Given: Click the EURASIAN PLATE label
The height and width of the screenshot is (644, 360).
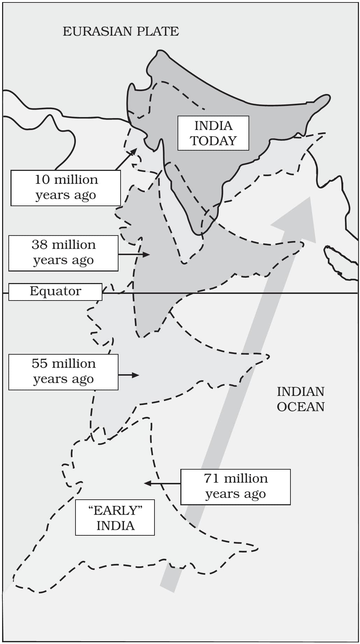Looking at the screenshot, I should click(x=121, y=31).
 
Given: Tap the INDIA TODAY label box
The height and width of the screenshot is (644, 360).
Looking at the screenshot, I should click(x=213, y=133).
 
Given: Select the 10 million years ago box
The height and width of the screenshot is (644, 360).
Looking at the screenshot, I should click(x=66, y=188).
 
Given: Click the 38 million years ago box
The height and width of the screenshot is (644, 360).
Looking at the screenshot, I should click(x=63, y=253).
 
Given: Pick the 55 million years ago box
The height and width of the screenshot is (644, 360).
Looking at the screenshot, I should click(x=63, y=372).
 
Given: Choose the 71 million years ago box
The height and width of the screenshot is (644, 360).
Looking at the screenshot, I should click(x=235, y=487).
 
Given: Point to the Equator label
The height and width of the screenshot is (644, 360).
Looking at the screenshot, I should click(x=55, y=291).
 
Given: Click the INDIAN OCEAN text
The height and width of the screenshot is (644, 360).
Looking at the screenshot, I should click(x=301, y=399).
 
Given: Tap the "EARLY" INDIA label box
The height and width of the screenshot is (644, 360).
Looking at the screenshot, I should click(x=115, y=518).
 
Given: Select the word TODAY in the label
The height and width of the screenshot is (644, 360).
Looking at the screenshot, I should click(x=213, y=141).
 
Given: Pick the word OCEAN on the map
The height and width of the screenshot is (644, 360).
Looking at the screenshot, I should click(x=301, y=407).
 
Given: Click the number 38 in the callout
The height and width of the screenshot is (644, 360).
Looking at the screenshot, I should click(x=39, y=245).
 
